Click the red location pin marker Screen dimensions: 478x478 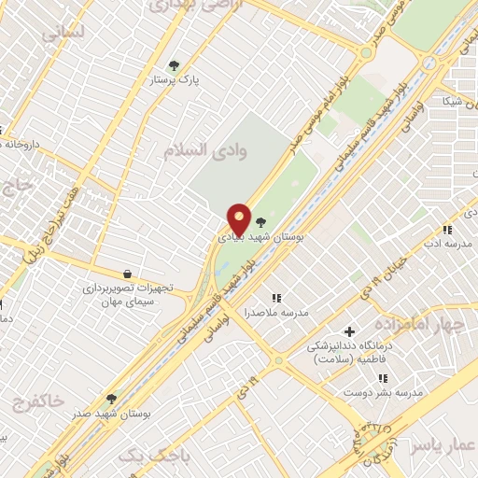(240, 219)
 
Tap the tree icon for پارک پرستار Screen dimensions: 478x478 (174, 65)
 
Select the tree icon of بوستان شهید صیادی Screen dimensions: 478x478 (260, 222)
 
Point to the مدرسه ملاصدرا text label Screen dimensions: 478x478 (276, 312)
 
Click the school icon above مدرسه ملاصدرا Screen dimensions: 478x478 (275, 297)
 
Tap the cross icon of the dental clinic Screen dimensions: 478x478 (350, 331)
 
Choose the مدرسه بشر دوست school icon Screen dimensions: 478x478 (382, 378)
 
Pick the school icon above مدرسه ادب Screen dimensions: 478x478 (447, 230)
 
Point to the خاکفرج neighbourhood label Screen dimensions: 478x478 (37, 401)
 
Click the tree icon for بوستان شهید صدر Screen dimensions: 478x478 (111, 399)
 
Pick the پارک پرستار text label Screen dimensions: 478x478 (177, 80)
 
